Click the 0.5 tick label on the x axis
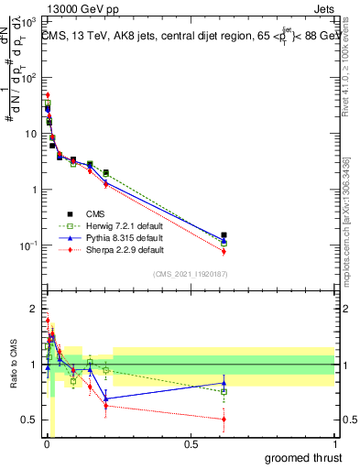tap(191, 444)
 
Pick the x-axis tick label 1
tap(334, 444)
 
